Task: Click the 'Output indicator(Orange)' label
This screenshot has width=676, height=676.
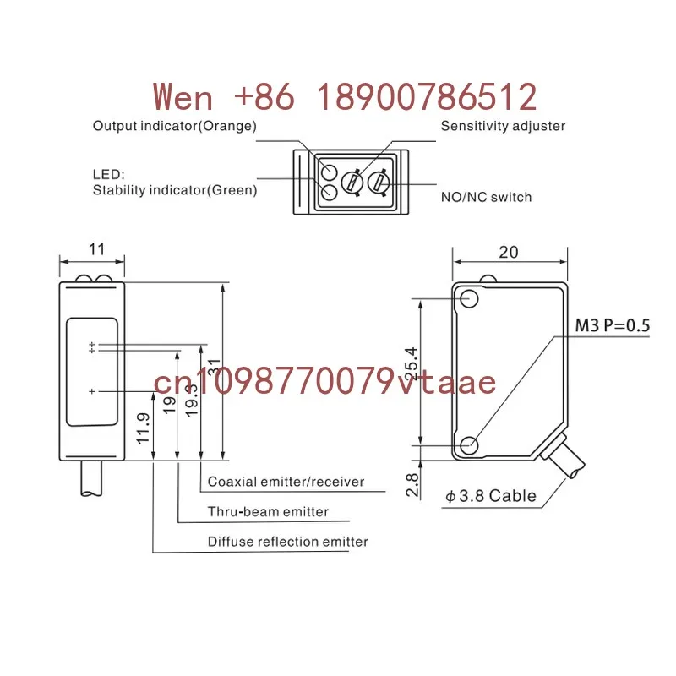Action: coord(175,126)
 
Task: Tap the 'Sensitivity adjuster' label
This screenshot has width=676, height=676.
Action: coord(503,126)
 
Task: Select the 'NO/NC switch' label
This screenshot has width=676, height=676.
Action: coord(487,197)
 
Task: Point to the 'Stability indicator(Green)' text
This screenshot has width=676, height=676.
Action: coord(175,190)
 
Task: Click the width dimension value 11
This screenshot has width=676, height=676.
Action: coord(96,249)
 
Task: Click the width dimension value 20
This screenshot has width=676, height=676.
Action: coord(509,252)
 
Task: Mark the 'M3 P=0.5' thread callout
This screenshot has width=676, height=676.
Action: coord(612,325)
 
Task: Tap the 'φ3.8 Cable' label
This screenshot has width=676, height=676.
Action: coord(491,496)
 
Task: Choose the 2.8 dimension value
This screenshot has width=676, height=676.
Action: coord(412,484)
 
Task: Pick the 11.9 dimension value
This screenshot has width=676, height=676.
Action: coord(143,428)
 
